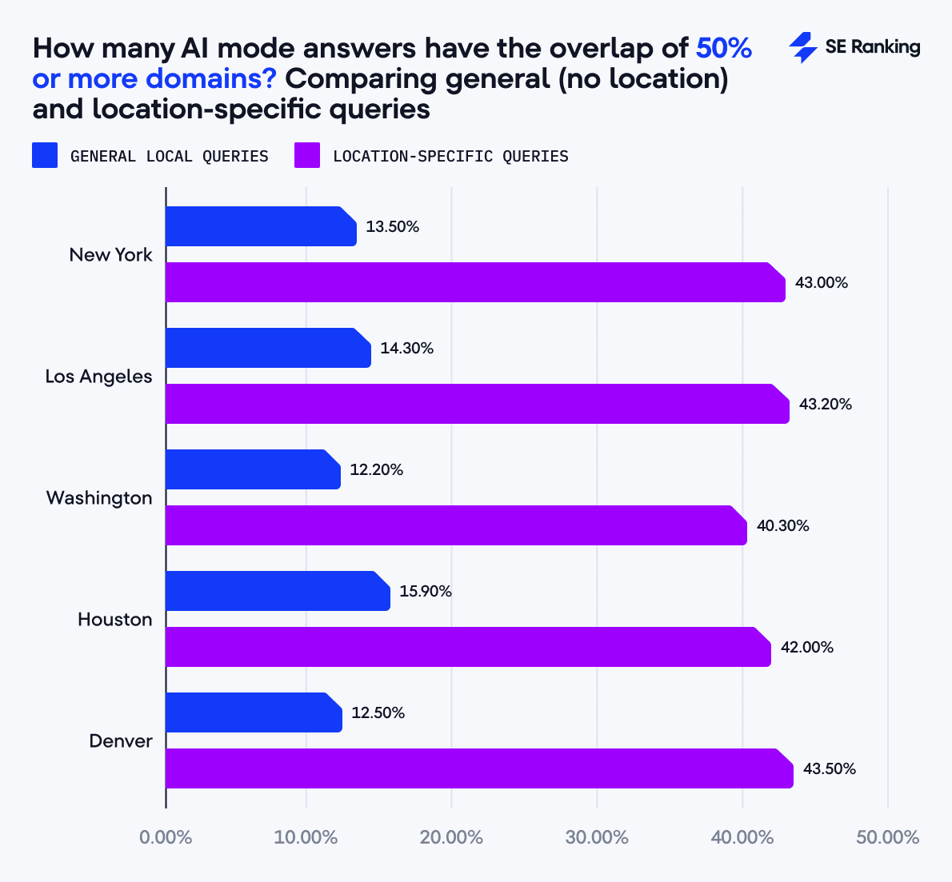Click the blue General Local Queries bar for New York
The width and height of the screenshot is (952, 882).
coord(261,226)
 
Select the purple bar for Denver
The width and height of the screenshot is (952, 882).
coord(478,768)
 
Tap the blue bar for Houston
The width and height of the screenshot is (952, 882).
coord(278,591)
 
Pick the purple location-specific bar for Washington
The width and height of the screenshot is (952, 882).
coord(456,525)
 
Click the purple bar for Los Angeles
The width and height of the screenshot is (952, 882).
coord(477,404)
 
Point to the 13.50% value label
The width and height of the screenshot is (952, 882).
coord(392,226)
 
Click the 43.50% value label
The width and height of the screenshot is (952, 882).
coord(829,768)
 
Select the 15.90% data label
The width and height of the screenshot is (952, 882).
coord(426,591)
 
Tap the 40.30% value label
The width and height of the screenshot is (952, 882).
coord(782,525)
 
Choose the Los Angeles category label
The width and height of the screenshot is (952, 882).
coord(98,376)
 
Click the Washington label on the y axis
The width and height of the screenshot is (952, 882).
coord(99,497)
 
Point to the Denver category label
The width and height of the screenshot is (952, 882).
coord(120,740)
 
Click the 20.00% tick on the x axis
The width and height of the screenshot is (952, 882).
coord(451,837)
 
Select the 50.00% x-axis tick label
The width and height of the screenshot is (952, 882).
coord(887,837)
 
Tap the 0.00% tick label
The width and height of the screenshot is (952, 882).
coord(166,837)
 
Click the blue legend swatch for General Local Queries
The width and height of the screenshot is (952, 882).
coord(45,155)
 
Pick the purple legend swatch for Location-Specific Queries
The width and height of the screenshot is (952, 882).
coord(307,155)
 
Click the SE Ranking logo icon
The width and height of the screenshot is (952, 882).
coord(802,48)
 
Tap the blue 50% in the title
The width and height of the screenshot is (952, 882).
coord(724,48)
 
